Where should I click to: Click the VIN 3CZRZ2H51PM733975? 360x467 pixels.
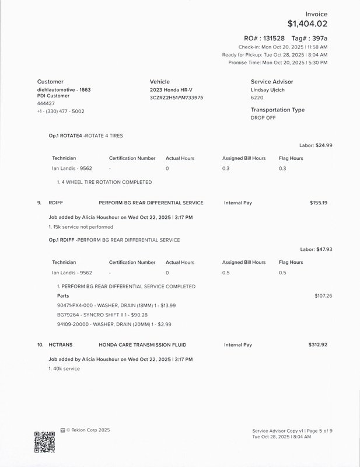(176, 97)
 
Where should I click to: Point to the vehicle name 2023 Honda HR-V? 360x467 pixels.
(170, 90)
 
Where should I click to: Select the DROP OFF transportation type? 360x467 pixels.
(264, 118)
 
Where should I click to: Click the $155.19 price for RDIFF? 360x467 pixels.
(318, 203)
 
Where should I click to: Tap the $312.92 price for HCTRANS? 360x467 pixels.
(317, 345)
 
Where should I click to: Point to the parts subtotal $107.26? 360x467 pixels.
(323, 296)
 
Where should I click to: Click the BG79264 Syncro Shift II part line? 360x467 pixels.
(102, 315)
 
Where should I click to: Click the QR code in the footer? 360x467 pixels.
(44, 442)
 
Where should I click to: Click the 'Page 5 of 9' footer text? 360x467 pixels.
(318, 431)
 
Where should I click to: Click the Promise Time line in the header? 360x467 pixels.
(278, 62)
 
